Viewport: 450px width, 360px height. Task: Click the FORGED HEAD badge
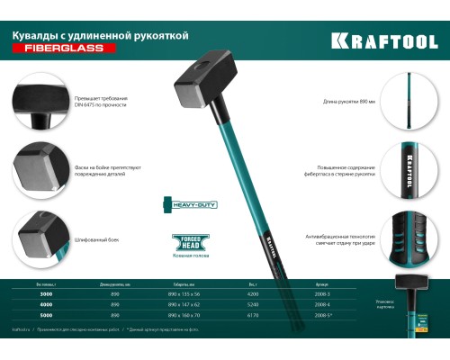pyautogui.click(x=184, y=241)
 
